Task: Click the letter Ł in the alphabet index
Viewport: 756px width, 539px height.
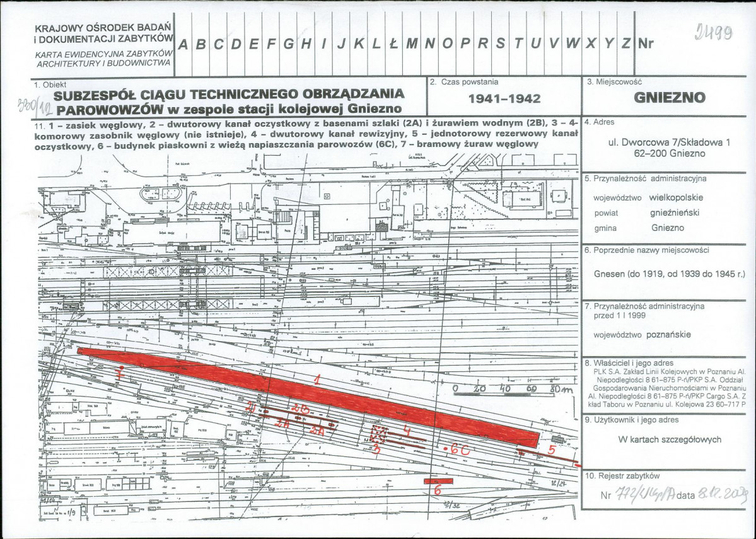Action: tap(393, 44)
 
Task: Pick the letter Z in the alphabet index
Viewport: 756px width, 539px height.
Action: tap(625, 44)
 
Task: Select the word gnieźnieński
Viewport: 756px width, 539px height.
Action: tap(675, 212)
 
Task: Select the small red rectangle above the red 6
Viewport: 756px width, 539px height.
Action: tap(436, 480)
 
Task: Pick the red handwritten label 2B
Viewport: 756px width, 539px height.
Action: tap(301, 410)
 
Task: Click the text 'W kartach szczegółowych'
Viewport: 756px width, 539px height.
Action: tap(670, 440)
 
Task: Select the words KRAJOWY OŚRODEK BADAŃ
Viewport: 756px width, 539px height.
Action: tap(103, 28)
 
